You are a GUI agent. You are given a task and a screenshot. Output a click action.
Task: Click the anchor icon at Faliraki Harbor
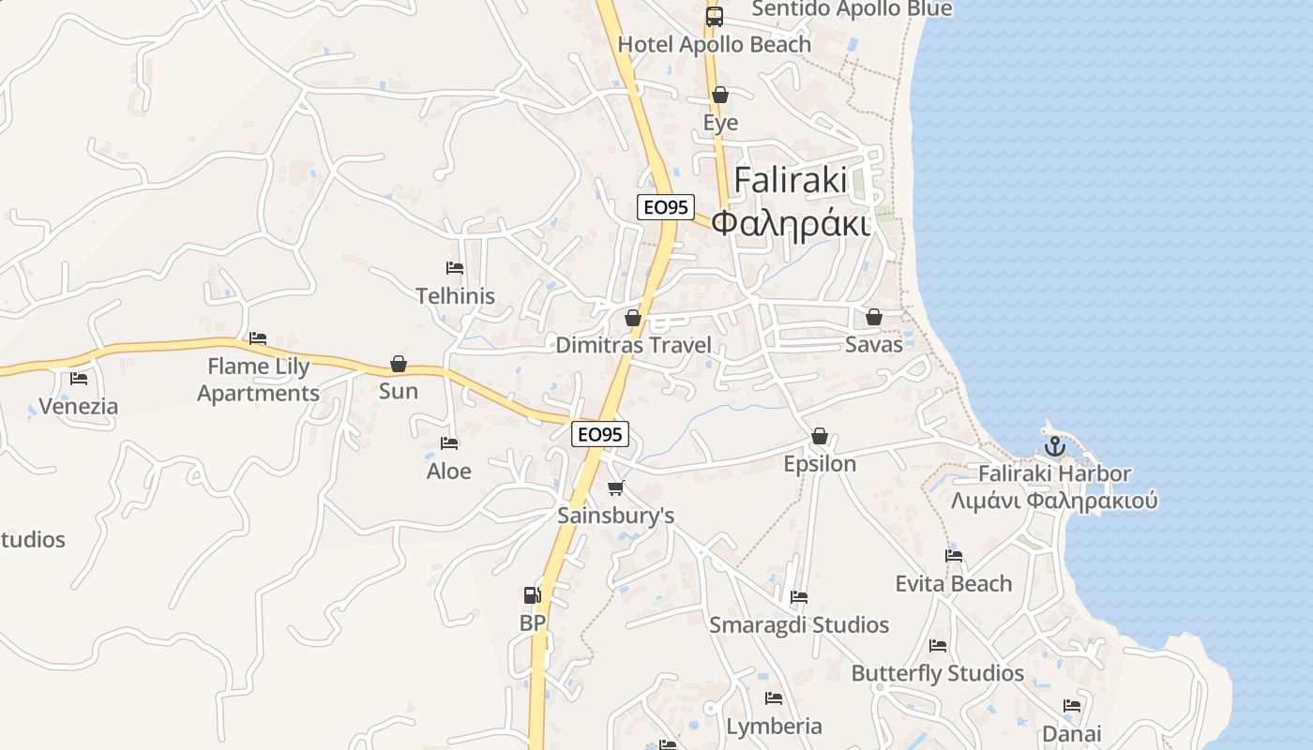pyautogui.click(x=1054, y=446)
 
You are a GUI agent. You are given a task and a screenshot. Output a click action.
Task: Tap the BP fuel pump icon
pyautogui.click(x=532, y=595)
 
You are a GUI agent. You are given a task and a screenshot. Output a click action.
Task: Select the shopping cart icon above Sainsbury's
pyautogui.click(x=616, y=487)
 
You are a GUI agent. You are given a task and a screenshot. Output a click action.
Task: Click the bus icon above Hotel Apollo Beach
pyautogui.click(x=715, y=16)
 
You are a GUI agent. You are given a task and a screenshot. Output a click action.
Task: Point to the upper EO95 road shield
pyautogui.click(x=665, y=207)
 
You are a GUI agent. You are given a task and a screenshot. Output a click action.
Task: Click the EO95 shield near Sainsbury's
pyautogui.click(x=600, y=434)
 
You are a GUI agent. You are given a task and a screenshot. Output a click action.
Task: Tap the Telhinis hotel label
pyautogui.click(x=456, y=296)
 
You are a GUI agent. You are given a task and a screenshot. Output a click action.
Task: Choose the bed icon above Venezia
pyautogui.click(x=79, y=379)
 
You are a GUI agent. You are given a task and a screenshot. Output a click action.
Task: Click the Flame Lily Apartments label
pyautogui.click(x=259, y=380)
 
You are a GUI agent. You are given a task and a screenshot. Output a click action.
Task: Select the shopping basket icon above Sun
pyautogui.click(x=399, y=364)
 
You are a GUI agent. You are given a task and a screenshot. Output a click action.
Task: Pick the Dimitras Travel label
pyautogui.click(x=634, y=345)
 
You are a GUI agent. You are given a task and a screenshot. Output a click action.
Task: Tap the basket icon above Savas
pyautogui.click(x=874, y=318)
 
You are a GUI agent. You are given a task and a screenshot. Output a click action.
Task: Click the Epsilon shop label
pyautogui.click(x=820, y=464)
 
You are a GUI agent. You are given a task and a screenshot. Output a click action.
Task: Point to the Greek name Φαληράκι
pyautogui.click(x=790, y=223)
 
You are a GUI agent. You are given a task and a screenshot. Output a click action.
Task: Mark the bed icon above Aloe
pyautogui.click(x=449, y=443)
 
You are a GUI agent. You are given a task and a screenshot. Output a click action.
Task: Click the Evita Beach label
pyautogui.click(x=954, y=584)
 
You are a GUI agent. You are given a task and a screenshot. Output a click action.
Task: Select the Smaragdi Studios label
pyautogui.click(x=799, y=625)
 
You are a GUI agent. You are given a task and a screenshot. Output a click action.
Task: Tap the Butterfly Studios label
pyautogui.click(x=938, y=673)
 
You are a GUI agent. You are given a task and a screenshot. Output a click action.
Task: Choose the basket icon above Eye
pyautogui.click(x=720, y=96)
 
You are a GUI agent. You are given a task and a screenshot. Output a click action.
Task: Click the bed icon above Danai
pyautogui.click(x=1072, y=706)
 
